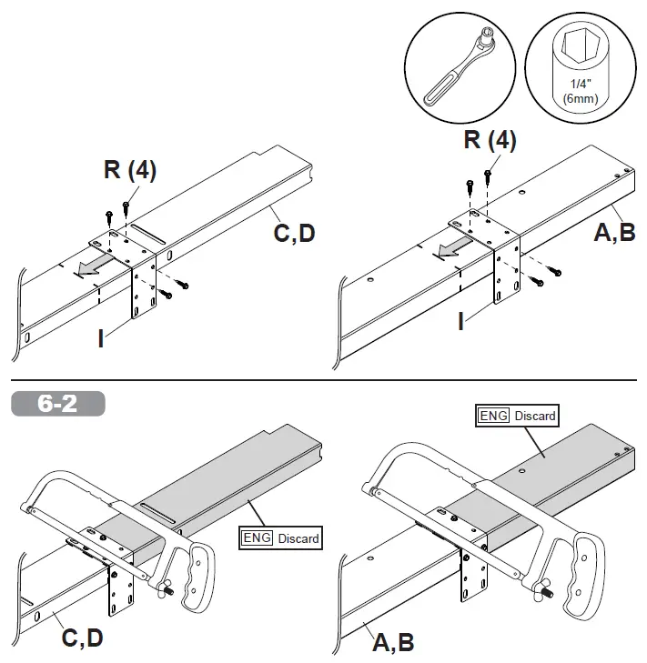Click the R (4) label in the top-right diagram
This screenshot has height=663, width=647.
[x=490, y=141]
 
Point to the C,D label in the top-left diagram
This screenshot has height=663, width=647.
[x=295, y=233]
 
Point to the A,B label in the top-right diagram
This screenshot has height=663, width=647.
[x=614, y=233]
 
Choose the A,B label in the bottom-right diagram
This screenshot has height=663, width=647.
[x=393, y=642]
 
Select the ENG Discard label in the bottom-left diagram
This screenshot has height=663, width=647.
[x=280, y=537]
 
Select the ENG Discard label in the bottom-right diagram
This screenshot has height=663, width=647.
[x=516, y=415]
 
